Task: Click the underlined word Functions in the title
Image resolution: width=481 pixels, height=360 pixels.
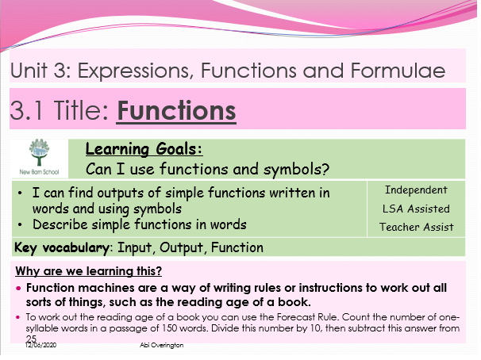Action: pyautogui.click(x=176, y=109)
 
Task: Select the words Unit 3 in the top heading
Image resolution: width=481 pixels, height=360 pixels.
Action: pyautogui.click(x=40, y=71)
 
